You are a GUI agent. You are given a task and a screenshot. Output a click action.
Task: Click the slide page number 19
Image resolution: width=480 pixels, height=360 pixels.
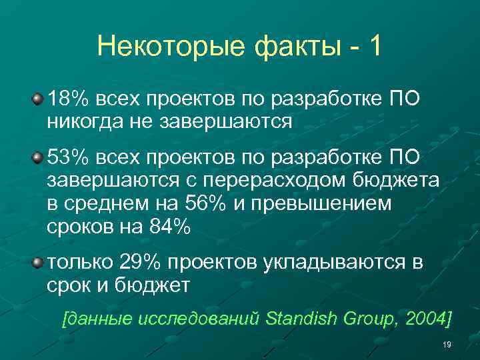point(447,345)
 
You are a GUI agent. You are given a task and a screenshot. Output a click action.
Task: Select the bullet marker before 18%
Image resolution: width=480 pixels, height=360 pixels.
point(39,99)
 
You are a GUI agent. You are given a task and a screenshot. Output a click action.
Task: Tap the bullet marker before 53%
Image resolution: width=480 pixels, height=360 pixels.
point(39,158)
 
